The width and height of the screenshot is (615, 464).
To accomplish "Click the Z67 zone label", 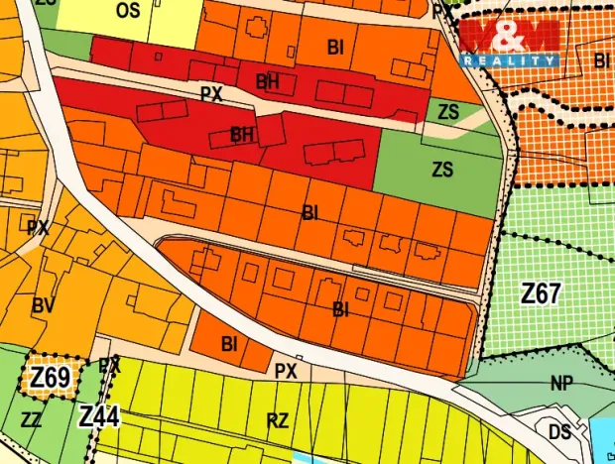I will click(542, 293).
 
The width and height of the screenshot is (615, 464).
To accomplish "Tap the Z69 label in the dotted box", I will click(50, 378).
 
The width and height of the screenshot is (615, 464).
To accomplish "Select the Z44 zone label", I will click(99, 416).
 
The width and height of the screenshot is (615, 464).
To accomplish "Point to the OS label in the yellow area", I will click(128, 11).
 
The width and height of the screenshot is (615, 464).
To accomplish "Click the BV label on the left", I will click(43, 306).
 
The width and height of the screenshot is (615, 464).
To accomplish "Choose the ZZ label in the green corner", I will click(31, 419).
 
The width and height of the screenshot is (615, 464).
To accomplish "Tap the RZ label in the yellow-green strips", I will click(278, 420).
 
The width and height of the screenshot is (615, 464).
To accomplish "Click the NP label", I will click(562, 382).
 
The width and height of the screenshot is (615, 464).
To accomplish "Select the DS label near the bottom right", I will click(559, 432).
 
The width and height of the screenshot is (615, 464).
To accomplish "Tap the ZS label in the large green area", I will click(442, 170).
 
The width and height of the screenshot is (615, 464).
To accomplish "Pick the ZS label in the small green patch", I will click(448, 111).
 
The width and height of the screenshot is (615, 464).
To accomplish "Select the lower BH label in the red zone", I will click(243, 133).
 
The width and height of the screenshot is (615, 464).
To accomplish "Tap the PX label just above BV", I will click(38, 227).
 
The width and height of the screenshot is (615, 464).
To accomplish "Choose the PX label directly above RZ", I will click(286, 371).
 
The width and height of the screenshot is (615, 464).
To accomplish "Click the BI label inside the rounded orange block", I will click(340, 310).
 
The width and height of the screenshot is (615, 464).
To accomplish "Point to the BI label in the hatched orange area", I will click(602, 60).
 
